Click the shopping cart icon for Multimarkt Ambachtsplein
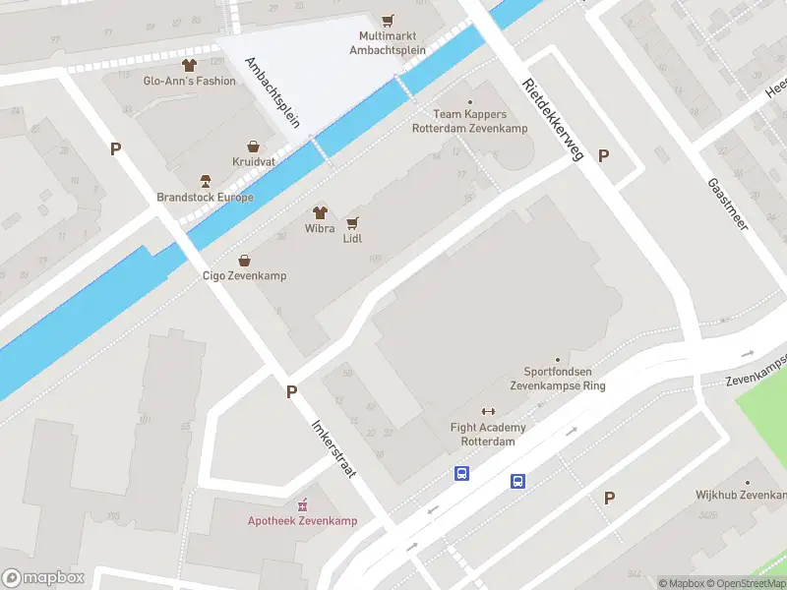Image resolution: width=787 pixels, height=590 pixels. (x=388, y=20)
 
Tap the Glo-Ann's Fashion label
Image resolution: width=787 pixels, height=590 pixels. (x=190, y=82)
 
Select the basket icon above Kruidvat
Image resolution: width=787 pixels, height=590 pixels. (x=254, y=145)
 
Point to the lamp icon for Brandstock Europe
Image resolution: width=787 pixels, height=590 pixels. (x=206, y=181)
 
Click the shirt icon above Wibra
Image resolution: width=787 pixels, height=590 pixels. (x=320, y=211)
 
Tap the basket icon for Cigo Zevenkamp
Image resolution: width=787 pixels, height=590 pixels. (x=245, y=260)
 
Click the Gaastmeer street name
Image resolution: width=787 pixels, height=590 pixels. (x=728, y=204)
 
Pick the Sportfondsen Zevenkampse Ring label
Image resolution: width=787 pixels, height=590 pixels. (x=557, y=379)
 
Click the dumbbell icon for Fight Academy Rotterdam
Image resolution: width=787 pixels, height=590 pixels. (x=487, y=411)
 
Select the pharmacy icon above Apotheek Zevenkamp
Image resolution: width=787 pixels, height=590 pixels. (x=302, y=503)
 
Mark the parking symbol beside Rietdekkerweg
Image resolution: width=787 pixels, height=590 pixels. (x=604, y=155)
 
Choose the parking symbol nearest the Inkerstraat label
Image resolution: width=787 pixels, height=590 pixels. (x=291, y=391)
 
